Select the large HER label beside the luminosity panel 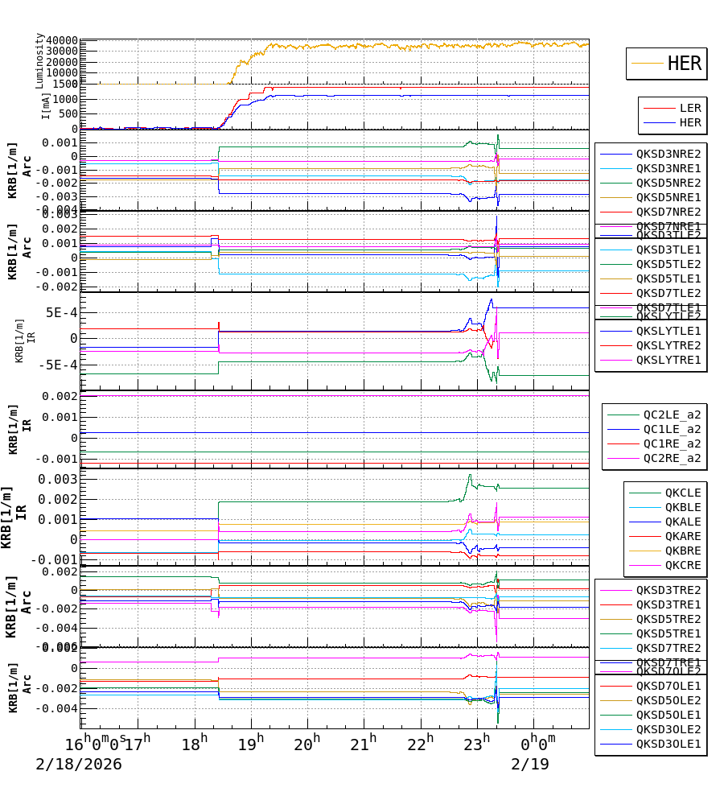684,64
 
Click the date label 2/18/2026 79,764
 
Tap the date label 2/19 530,764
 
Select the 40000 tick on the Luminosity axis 62,41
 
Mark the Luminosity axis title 39,60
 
